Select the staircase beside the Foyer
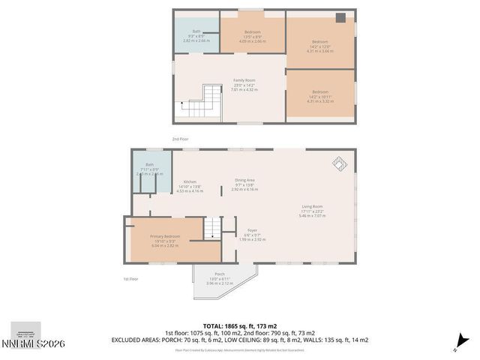click(215, 227)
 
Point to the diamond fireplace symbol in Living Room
click(339, 163)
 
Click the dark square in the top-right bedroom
click(341, 18)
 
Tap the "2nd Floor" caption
click(181, 139)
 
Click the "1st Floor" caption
click(131, 279)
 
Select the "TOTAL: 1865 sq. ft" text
click(239, 325)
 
